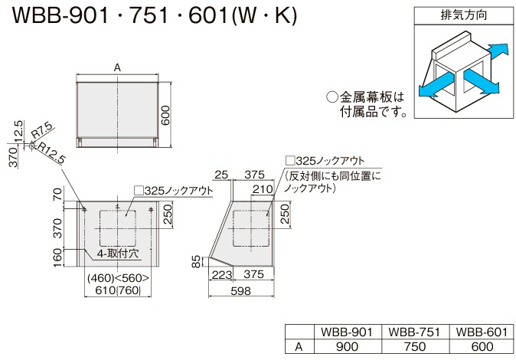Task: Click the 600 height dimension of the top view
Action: (165, 116)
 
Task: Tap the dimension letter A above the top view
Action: (117, 68)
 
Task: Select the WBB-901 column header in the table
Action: (347, 332)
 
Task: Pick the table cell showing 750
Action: (415, 346)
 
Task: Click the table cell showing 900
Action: (347, 346)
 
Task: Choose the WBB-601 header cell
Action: (482, 332)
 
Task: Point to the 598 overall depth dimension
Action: (241, 291)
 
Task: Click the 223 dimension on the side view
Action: (221, 274)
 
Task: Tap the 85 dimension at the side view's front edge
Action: (196, 262)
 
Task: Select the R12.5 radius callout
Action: (51, 153)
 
